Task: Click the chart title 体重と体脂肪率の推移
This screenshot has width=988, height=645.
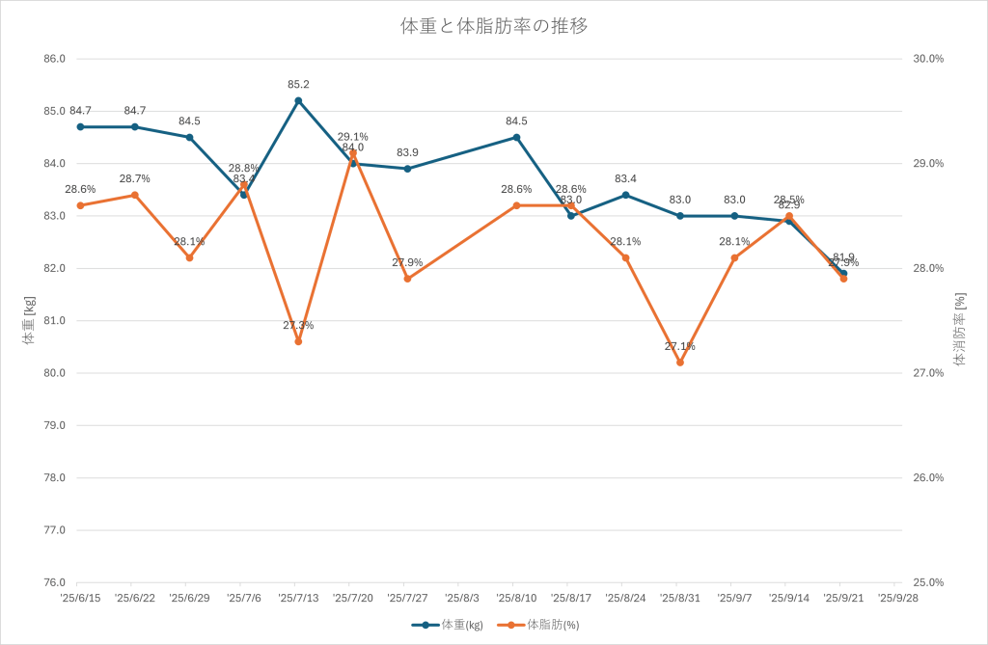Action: point(494,26)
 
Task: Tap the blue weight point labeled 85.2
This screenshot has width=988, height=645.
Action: point(298,100)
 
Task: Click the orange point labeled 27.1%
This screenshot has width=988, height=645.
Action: point(680,363)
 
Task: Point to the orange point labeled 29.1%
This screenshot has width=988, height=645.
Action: point(353,152)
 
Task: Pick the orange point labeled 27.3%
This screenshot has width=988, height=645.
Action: point(298,341)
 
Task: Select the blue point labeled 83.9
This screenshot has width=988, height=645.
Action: point(407,169)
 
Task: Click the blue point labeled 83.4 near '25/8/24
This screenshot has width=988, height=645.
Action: point(625,195)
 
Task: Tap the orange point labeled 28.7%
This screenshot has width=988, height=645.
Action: point(135,195)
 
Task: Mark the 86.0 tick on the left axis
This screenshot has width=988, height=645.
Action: point(54,59)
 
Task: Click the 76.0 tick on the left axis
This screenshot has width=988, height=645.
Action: point(54,582)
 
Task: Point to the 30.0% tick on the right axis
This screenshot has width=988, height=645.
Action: point(928,59)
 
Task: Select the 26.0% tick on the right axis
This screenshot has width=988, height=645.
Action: point(928,478)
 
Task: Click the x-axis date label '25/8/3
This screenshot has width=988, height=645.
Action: point(459,599)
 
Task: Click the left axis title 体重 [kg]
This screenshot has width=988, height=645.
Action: point(28,321)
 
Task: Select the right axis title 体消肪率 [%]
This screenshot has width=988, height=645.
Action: point(959,331)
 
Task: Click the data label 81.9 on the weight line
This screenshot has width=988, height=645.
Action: point(842,257)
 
